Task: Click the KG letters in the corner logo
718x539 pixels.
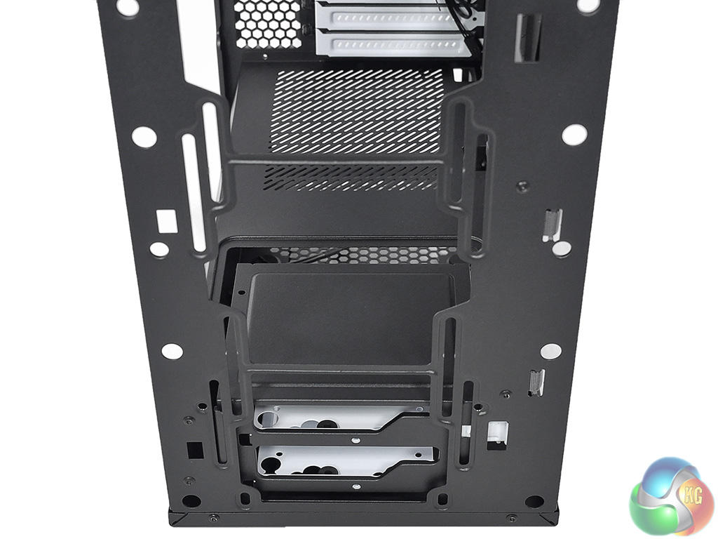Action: pos(692,496)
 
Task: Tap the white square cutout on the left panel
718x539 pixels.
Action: pos(166,220)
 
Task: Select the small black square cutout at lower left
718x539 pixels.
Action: pos(195,450)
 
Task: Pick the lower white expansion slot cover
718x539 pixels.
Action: pos(395,45)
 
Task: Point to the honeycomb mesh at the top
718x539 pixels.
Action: pos(266,23)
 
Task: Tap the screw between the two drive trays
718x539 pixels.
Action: pos(355,440)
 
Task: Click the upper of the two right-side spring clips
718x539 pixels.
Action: pos(552,225)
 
